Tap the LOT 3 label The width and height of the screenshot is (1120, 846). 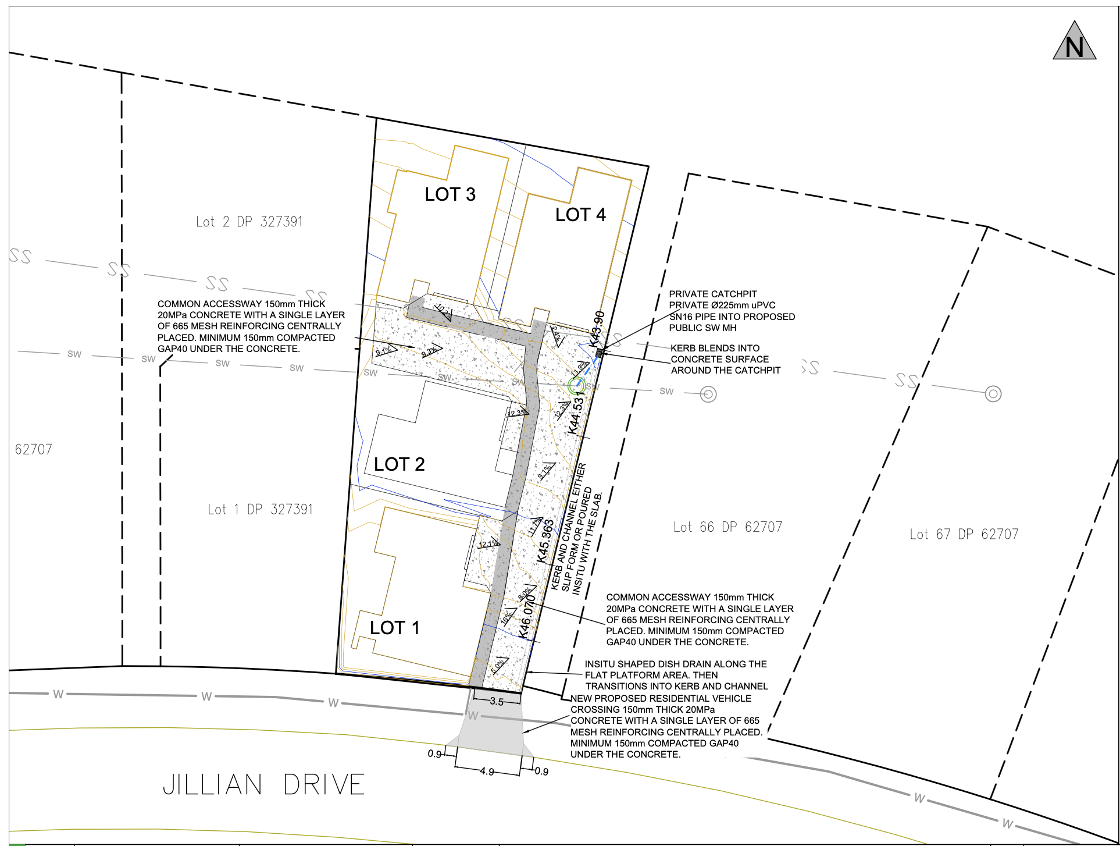[450, 194]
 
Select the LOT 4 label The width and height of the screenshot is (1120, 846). [580, 215]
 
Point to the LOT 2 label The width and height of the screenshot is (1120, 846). [400, 464]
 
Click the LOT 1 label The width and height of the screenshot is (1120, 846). [395, 628]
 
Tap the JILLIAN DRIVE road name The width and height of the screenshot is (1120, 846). [263, 785]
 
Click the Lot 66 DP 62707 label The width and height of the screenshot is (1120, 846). [727, 527]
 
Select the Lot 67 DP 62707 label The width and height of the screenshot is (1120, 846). [964, 534]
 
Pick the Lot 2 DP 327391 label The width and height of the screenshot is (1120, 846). [249, 222]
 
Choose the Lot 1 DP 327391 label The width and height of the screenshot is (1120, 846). [261, 510]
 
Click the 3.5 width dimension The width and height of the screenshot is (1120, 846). [497, 701]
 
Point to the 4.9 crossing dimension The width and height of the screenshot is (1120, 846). [487, 772]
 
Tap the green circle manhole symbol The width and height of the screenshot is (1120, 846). [576, 385]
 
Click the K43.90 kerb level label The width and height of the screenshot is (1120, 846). [599, 329]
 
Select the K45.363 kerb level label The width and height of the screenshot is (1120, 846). [546, 541]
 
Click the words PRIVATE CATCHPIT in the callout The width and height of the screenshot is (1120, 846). [713, 294]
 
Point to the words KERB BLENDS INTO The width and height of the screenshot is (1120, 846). [715, 348]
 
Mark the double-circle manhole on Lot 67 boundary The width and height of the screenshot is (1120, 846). [993, 394]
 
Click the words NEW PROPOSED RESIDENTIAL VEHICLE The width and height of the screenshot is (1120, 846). [661, 698]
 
